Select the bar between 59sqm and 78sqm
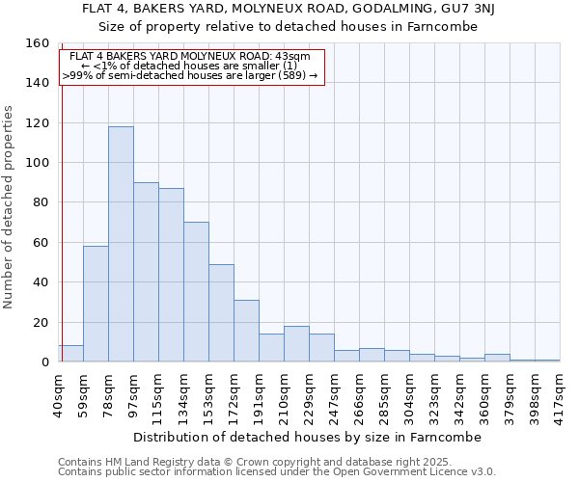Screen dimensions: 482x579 [x=96, y=304]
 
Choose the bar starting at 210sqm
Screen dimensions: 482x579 [x=296, y=344]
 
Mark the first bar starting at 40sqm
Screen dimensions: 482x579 [x=70, y=354]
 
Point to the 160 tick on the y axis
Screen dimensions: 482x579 [x=37, y=43]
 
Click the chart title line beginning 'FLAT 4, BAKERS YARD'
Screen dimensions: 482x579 [x=289, y=9]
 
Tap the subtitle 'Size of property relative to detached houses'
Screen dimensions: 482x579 [x=289, y=26]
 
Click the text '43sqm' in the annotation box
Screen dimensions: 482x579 [x=292, y=56]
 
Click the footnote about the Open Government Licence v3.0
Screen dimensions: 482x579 [x=277, y=471]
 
